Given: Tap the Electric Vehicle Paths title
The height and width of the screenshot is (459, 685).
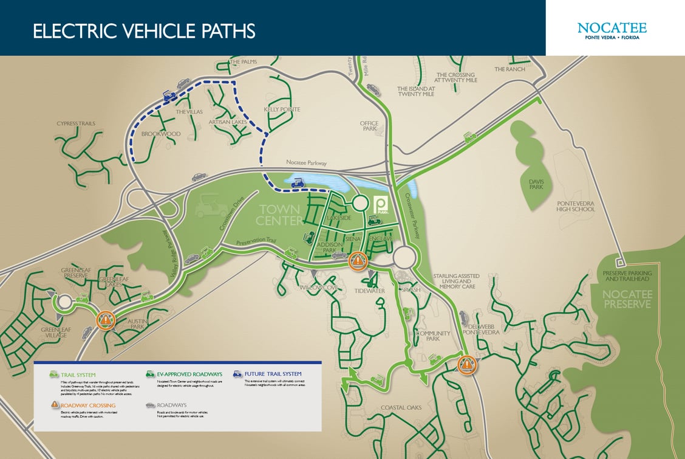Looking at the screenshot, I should point(144,31).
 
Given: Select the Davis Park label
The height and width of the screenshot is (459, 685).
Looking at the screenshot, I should point(536,184).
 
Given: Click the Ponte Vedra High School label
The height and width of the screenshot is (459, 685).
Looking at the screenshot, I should point(576,205).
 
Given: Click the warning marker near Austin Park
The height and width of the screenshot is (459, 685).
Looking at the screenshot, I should point(106,319).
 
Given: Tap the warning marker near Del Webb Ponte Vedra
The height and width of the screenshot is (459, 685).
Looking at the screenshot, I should point(466,364).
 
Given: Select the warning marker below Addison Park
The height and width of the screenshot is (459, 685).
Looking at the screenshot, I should point(358,261).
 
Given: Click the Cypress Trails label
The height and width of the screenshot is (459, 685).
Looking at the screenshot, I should point(76,123).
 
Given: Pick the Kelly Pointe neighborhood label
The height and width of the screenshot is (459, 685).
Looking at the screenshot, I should point(282,109).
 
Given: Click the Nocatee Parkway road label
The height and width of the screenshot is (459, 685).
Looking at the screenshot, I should point(307,163).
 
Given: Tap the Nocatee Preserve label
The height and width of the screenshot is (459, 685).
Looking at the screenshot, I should point(627,298).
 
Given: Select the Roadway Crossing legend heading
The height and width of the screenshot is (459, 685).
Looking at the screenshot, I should point(88,405).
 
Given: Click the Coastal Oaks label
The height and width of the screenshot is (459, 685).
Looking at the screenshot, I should point(401,407).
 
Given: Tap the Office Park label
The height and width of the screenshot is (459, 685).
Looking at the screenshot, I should point(369,126).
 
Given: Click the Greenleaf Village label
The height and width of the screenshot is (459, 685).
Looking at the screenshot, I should point(56,333).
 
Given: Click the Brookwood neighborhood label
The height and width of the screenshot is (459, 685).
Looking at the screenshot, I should point(161,134).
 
